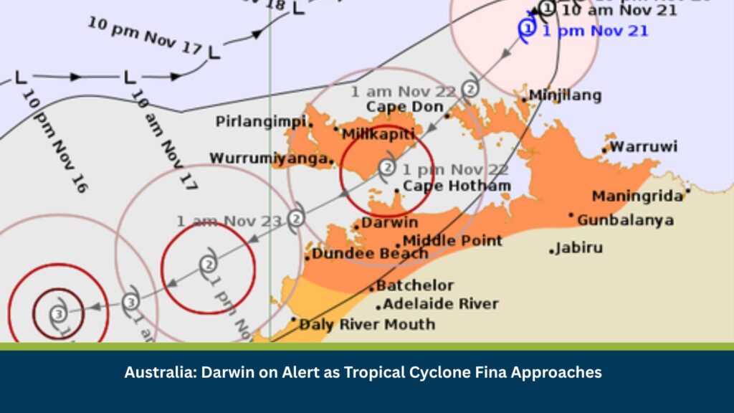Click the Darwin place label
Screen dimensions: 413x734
tap(389, 223)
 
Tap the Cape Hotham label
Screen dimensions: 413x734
tap(457, 186)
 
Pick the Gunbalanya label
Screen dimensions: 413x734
tap(625, 220)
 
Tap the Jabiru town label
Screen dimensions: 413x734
tap(580, 248)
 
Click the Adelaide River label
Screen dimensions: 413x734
tap(440, 304)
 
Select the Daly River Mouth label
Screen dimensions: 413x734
tap(366, 325)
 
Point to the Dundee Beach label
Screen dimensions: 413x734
tap(370, 253)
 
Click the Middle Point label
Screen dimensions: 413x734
tap(452, 241)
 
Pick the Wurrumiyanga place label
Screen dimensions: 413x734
tap(270, 158)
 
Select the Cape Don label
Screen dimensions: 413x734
tap(405, 108)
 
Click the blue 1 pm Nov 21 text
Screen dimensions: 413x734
tap(595, 31)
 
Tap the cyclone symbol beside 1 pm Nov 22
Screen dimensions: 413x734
tap(387, 168)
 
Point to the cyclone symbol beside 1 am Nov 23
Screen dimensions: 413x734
tap(296, 217)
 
